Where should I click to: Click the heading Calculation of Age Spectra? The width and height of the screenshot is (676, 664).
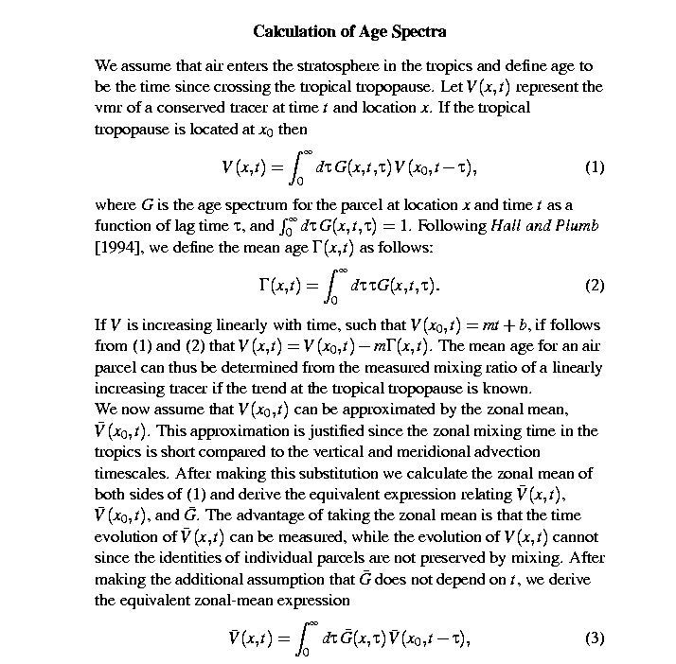349,31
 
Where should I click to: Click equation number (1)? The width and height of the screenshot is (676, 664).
595,167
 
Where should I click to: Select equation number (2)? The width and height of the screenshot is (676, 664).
595,285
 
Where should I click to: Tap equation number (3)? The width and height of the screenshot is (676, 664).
595,637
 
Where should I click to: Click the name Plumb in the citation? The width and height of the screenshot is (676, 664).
578,226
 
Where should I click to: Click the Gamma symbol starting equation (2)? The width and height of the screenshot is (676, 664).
265,286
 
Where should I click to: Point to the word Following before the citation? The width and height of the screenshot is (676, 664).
452,226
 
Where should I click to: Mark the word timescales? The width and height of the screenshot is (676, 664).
131,473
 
